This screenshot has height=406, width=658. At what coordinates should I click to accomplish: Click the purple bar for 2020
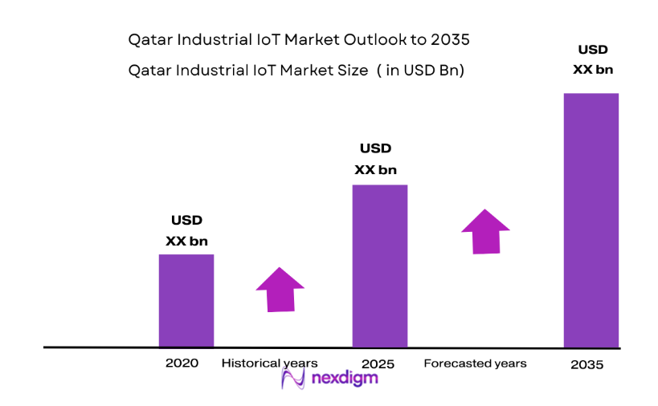[186, 300]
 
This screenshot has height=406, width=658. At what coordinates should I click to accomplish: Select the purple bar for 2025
[380, 266]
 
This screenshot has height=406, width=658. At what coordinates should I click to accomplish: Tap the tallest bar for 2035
[591, 220]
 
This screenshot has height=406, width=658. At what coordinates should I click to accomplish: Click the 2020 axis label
[182, 363]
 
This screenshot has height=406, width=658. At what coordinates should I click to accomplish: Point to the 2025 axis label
[378, 364]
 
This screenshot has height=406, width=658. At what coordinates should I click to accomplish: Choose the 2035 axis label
[586, 364]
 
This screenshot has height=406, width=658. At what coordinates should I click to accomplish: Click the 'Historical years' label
[269, 363]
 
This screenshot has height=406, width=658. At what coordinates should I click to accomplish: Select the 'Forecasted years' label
[475, 363]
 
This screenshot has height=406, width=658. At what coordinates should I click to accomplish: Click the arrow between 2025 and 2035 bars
[485, 232]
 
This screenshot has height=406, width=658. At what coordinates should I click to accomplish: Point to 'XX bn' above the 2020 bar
[187, 240]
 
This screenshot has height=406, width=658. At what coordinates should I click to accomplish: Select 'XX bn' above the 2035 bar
[592, 70]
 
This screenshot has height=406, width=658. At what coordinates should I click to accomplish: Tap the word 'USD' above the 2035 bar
[592, 49]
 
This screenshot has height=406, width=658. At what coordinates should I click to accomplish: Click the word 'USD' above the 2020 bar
[186, 220]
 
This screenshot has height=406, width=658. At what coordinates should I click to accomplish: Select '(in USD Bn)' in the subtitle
[421, 71]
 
